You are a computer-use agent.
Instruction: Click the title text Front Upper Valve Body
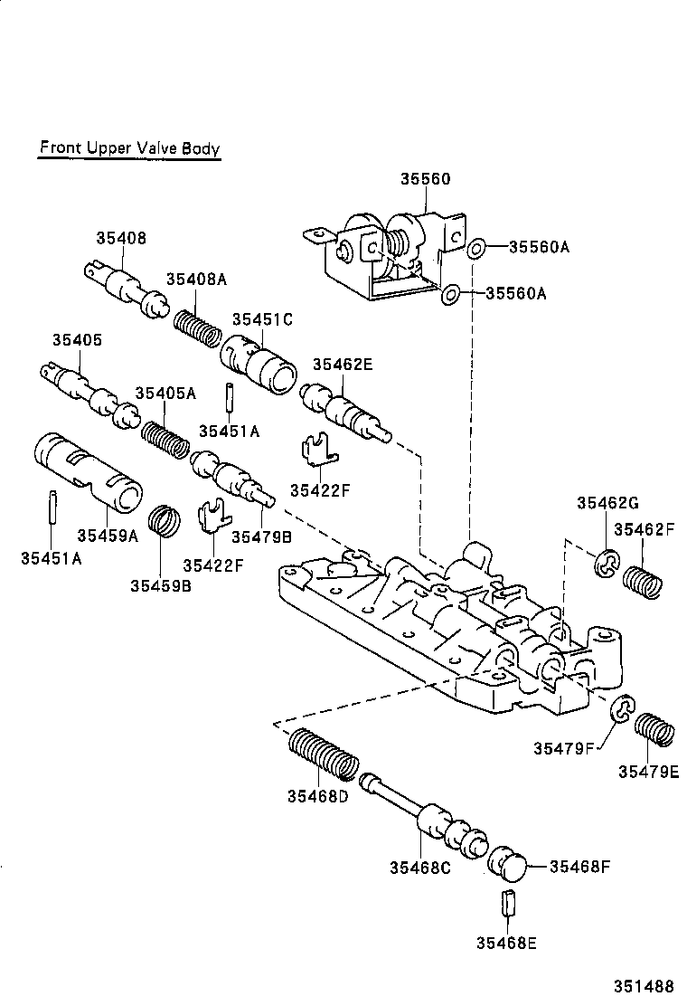[128, 148]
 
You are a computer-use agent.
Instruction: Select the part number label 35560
[425, 179]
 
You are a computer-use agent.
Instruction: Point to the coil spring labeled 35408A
[196, 327]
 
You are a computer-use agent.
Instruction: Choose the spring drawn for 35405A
[165, 440]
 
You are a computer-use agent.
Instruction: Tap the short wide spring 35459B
[164, 521]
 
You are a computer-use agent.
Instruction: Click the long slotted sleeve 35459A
[89, 471]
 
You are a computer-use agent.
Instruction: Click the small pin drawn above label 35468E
[506, 904]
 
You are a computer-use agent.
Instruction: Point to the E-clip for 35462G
[605, 565]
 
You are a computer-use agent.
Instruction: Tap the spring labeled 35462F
[645, 581]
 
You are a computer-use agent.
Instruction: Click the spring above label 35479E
[654, 729]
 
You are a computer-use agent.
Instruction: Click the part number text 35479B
[261, 536]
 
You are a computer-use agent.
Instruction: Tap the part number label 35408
[121, 238]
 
